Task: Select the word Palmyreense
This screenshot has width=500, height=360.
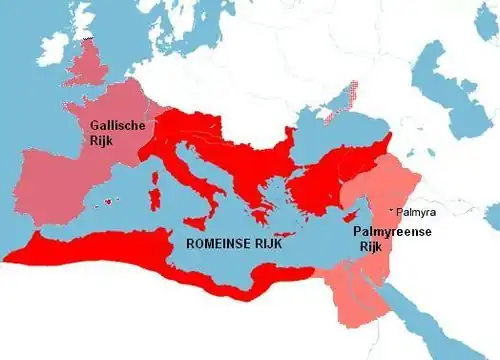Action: pyautogui.click(x=392, y=231)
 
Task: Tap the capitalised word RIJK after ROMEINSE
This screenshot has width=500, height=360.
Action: pyautogui.click(x=284, y=243)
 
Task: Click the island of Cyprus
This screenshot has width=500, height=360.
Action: pyautogui.click(x=351, y=217)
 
